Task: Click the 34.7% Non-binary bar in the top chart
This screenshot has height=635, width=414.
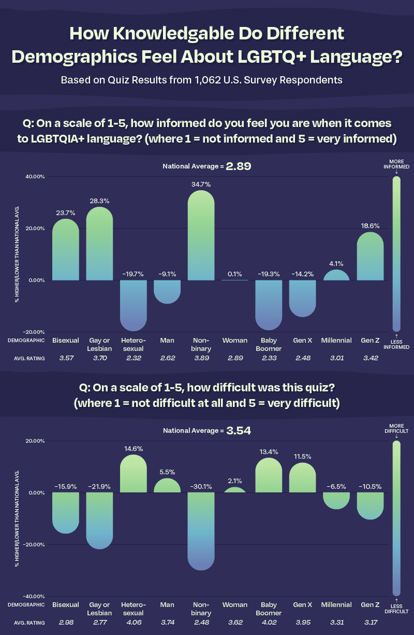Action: [x=201, y=236]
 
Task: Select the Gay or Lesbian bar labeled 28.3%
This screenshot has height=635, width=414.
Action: [x=99, y=244]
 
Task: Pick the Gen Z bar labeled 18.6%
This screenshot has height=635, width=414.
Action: [x=370, y=256]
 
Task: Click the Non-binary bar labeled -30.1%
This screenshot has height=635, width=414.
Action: [x=201, y=531]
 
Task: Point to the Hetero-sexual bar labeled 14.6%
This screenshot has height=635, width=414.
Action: [x=133, y=474]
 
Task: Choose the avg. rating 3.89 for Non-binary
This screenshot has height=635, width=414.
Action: [x=201, y=359]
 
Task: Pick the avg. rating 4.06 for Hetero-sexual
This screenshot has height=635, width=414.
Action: [x=133, y=623]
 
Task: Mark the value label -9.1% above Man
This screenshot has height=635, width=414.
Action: [x=167, y=272]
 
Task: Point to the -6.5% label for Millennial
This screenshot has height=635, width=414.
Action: [x=336, y=487]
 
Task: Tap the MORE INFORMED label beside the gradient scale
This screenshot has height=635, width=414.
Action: [x=396, y=164]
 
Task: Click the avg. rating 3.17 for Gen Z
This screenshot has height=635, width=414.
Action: [x=370, y=623]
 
